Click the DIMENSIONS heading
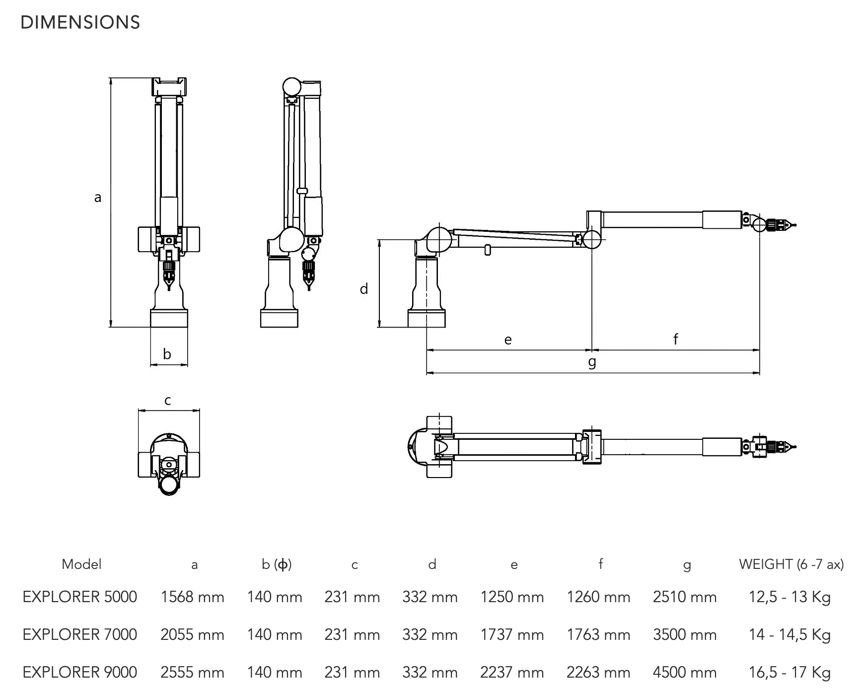coord(80,23)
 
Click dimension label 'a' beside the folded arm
coord(98,198)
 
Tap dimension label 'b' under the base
coord(167,354)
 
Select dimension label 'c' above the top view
coord(168,400)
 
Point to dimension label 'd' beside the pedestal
coord(364,289)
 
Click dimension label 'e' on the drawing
coord(507,340)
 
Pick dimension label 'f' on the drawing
coord(675,339)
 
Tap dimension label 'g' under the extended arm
coord(592,362)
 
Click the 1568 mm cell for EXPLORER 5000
coord(192,597)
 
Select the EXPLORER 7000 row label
coord(80,634)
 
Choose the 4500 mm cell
coord(685,672)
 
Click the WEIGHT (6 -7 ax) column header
coord(791,564)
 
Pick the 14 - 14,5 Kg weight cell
coord(789,634)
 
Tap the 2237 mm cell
coord(512,672)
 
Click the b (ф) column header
coord(277,564)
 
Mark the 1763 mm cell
coord(598,634)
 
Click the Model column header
coord(81,564)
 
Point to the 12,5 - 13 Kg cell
coord(789,597)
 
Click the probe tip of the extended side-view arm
coord(794,225)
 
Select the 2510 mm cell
coord(685,597)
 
